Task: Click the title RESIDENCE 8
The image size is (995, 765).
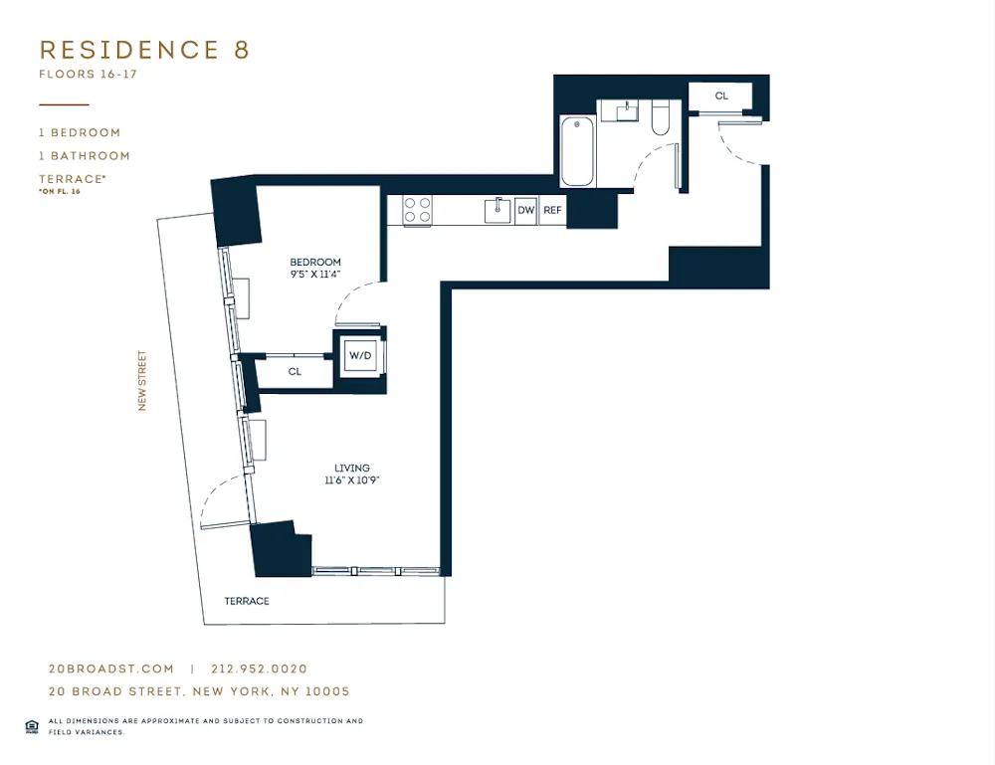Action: (144, 50)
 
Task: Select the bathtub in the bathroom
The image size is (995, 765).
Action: (577, 152)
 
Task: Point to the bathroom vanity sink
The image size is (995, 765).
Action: (627, 111)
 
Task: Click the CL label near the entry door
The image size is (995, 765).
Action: (721, 96)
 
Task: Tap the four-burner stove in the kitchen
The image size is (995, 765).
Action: (417, 210)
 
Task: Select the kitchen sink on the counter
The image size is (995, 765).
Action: (497, 210)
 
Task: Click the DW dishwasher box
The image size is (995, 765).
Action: (526, 210)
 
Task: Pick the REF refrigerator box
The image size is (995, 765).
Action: (552, 210)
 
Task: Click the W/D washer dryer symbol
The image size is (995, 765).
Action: (360, 355)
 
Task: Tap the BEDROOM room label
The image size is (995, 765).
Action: (316, 262)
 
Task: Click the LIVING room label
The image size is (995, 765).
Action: (352, 468)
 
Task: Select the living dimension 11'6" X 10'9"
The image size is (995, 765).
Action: (352, 480)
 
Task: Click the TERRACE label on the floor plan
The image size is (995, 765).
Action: (246, 601)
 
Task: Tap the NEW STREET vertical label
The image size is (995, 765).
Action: (142, 381)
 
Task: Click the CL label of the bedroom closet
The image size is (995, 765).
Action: (295, 372)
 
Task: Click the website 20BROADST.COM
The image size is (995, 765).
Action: (110, 669)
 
